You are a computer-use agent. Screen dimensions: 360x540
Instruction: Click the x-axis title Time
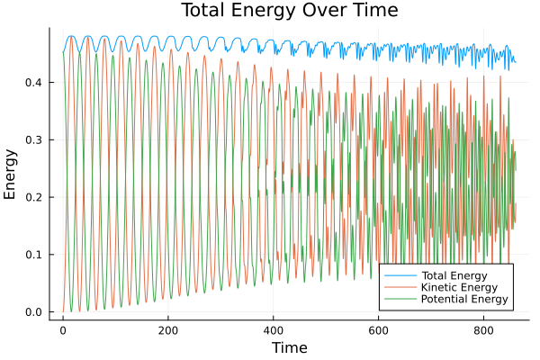pyautogui.click(x=289, y=347)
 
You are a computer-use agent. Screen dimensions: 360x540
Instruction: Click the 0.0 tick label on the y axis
pyautogui.click(x=33, y=312)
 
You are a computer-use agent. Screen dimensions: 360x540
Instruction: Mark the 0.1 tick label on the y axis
pyautogui.click(x=33, y=255)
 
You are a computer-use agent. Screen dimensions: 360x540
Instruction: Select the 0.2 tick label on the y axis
pyautogui.click(x=33, y=197)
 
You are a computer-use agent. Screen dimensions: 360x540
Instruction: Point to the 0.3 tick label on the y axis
pyautogui.click(x=33, y=139)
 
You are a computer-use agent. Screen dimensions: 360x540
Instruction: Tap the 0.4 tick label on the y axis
pyautogui.click(x=33, y=82)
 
